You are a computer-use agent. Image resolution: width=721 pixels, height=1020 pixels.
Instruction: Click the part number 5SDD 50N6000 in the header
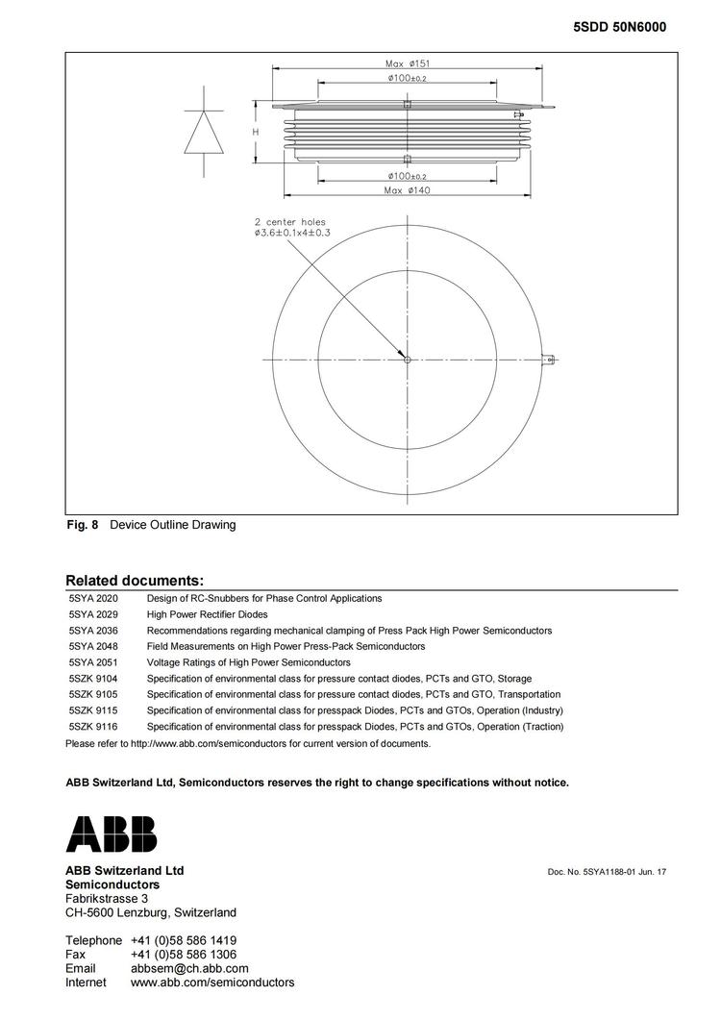(619, 28)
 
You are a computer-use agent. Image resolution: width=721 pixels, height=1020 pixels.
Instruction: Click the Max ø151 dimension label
(408, 63)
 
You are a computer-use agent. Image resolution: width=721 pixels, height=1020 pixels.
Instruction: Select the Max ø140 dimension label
(408, 190)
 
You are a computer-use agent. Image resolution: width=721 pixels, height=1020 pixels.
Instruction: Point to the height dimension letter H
(256, 131)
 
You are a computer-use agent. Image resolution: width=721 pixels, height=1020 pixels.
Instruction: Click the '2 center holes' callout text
(289, 222)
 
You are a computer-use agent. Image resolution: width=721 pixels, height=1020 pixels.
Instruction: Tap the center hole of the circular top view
(408, 360)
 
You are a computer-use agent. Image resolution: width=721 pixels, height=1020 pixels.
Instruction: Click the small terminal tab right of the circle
(550, 360)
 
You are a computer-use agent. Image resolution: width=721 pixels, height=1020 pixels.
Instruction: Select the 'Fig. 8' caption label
(82, 525)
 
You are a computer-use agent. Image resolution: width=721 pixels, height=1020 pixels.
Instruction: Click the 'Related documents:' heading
(135, 581)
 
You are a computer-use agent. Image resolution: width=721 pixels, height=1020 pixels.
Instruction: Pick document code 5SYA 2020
(93, 598)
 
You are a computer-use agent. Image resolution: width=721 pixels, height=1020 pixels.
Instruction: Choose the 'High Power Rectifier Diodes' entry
(208, 614)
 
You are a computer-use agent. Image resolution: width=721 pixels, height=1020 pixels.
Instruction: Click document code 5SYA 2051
(93, 662)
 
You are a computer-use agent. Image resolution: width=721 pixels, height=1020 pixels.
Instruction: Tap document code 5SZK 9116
(93, 727)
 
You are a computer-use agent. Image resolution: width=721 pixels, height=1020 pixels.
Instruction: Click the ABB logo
(111, 833)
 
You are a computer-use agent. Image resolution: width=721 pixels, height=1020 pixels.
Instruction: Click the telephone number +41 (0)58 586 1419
(184, 940)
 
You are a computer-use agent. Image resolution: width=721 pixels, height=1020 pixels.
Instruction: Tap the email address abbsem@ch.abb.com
(189, 968)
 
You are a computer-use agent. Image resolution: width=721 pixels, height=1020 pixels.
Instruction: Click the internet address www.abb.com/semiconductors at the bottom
(212, 983)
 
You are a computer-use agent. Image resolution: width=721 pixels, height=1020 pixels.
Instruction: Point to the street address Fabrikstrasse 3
(107, 898)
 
